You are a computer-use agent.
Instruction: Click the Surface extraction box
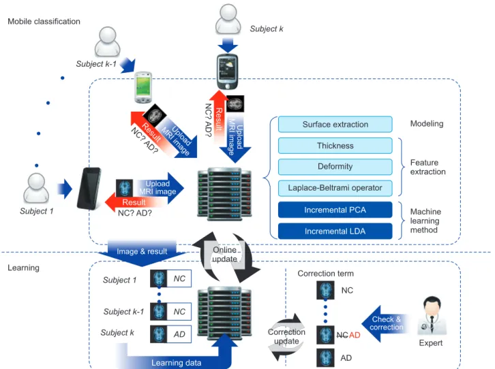click(x=335, y=125)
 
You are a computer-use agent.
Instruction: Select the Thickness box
click(x=335, y=146)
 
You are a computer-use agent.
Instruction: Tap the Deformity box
click(x=335, y=167)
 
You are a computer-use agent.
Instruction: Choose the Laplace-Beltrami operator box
click(x=335, y=188)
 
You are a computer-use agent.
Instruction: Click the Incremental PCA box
click(x=335, y=210)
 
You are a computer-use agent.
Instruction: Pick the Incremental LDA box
click(x=335, y=231)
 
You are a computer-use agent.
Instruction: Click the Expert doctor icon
click(x=432, y=316)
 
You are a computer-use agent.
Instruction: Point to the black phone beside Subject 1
click(x=89, y=188)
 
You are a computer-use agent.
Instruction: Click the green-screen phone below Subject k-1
click(x=143, y=87)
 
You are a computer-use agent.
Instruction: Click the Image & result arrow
click(x=142, y=252)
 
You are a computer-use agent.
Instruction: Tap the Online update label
click(x=224, y=255)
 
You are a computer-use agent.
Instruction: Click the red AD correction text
click(x=355, y=335)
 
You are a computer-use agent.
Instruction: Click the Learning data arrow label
click(x=176, y=363)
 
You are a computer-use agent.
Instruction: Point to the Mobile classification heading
click(x=44, y=21)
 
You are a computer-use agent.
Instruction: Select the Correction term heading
click(x=325, y=273)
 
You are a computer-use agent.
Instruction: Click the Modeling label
click(x=427, y=123)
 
